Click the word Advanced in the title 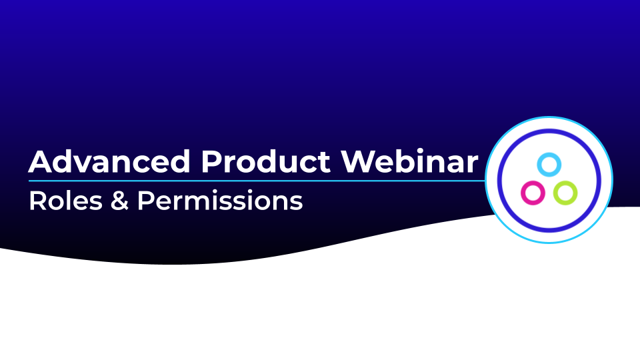click(x=109, y=161)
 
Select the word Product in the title click(x=265, y=161)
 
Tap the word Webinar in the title click(x=409, y=161)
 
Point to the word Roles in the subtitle click(x=66, y=201)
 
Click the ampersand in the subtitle click(x=119, y=201)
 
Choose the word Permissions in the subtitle click(x=220, y=201)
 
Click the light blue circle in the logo click(x=549, y=165)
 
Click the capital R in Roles click(x=37, y=201)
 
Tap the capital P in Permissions click(x=145, y=201)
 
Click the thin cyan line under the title click(x=257, y=181)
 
